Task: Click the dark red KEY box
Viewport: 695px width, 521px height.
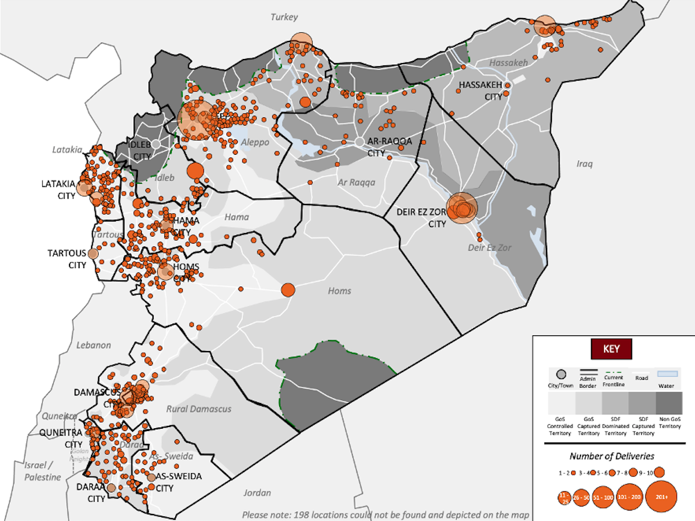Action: [611, 349]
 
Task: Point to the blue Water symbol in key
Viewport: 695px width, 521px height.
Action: [668, 373]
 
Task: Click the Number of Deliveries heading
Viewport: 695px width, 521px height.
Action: [611, 456]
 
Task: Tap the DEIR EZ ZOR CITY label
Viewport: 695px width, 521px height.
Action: [421, 217]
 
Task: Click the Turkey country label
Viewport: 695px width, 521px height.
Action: [284, 17]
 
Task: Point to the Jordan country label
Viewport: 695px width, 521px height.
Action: [258, 492]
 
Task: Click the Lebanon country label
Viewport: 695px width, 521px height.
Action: [93, 345]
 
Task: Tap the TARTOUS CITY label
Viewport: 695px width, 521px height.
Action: [67, 259]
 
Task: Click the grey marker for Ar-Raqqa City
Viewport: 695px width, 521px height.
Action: [360, 142]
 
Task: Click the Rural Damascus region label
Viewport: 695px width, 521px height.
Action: [199, 409]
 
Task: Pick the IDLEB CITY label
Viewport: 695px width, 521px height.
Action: [142, 151]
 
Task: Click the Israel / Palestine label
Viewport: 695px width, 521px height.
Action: [42, 471]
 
